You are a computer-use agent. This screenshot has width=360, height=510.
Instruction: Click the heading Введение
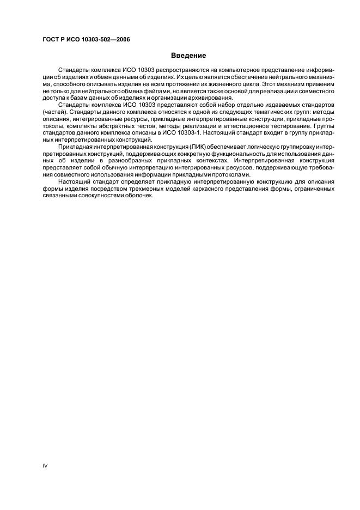(188, 56)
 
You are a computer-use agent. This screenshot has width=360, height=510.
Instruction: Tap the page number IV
(45, 465)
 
